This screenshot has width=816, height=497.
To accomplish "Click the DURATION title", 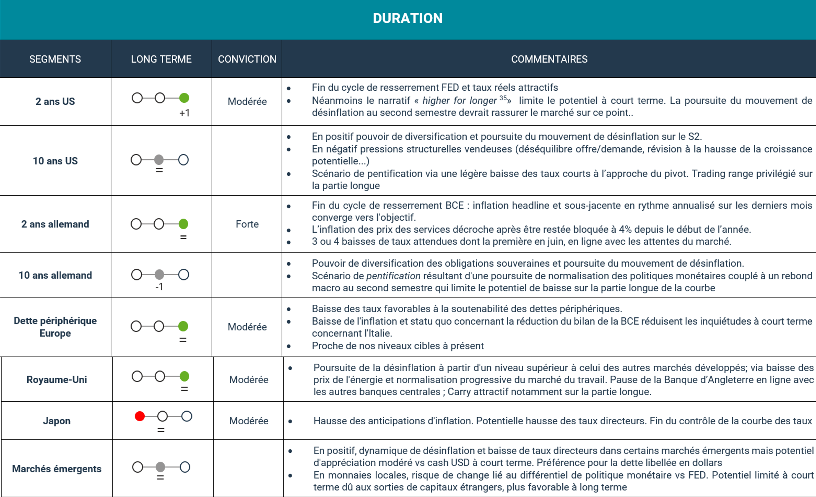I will [408, 18].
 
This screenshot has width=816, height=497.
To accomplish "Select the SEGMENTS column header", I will [55, 59].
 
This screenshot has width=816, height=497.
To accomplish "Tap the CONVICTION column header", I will [247, 59].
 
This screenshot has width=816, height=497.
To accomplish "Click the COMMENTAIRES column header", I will [549, 59].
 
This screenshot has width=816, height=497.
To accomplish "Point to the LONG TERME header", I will [161, 59].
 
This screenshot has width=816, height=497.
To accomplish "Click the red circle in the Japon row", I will [140, 416].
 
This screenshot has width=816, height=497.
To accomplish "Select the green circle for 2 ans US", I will [184, 98].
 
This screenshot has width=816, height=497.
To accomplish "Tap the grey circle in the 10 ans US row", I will [159, 160].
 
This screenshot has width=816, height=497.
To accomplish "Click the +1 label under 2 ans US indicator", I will [185, 113].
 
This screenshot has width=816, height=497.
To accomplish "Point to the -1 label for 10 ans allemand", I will [159, 287].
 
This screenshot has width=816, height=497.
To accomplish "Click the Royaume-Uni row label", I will [57, 380].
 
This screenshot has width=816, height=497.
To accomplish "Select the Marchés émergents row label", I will [57, 469].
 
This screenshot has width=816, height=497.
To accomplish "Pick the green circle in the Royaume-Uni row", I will [185, 376].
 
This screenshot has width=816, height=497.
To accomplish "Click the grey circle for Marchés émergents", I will [161, 467].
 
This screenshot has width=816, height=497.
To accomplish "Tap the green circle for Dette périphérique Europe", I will [183, 326].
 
